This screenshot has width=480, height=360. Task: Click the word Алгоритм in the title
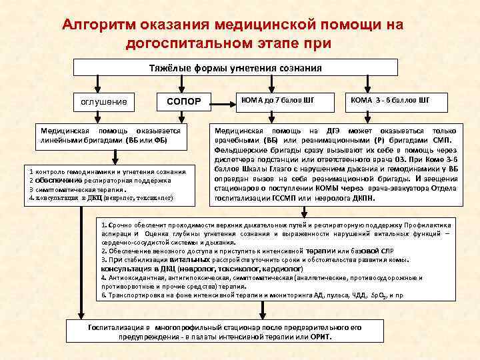pos(97,25)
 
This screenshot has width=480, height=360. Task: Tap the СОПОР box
pos(183,101)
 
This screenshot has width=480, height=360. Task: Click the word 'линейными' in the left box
pos(61,141)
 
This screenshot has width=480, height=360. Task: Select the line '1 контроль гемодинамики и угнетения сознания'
pos(107,171)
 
